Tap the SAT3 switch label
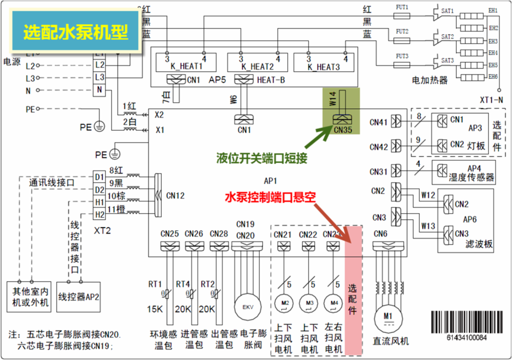click(x=447, y=60)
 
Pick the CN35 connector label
click(x=342, y=131)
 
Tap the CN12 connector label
click(x=175, y=195)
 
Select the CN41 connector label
click(x=379, y=121)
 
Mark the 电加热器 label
click(x=430, y=81)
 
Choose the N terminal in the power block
click(x=99, y=89)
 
